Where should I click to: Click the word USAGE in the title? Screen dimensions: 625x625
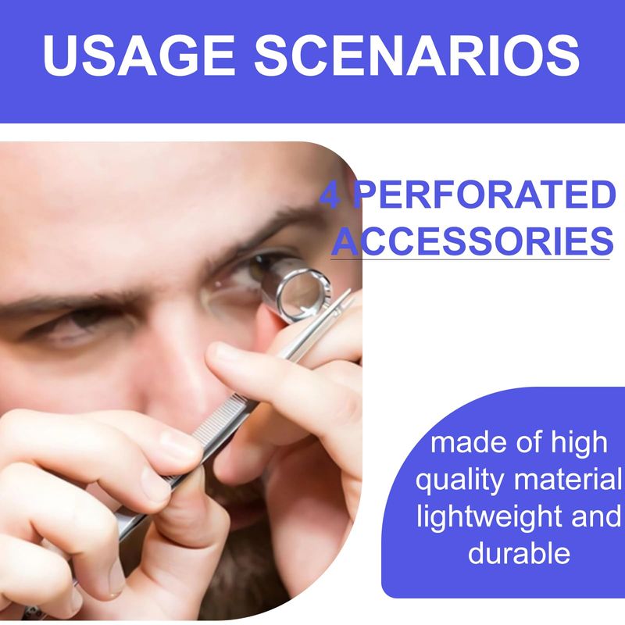[138, 55]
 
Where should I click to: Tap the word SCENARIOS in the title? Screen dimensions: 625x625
[417, 55]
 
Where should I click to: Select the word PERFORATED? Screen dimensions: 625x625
[484, 195]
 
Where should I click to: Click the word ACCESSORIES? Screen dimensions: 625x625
[472, 241]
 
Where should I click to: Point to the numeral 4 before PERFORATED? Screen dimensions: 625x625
[330, 195]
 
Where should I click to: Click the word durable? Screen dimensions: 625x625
[519, 552]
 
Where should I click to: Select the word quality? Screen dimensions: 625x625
[460, 480]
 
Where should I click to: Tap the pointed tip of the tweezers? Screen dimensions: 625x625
[350, 290]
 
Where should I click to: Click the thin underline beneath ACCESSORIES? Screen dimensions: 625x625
[470, 260]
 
